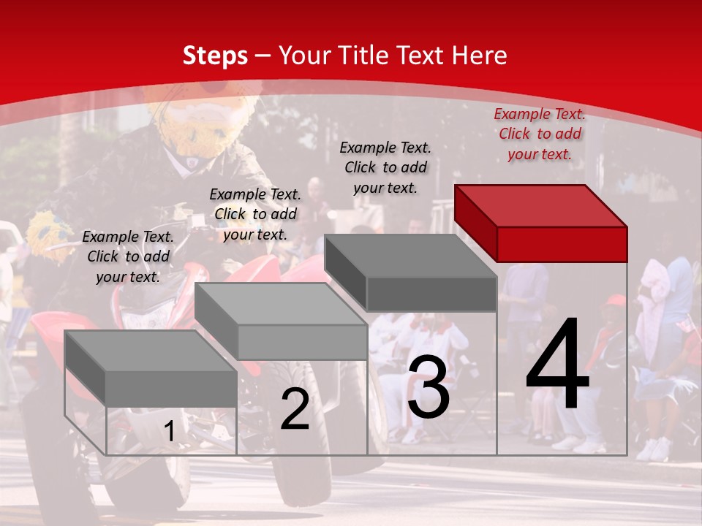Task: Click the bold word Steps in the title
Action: tap(215, 56)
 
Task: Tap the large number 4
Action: tap(557, 365)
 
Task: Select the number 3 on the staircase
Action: tap(429, 389)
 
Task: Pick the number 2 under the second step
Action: tap(295, 409)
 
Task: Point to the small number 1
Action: tap(169, 432)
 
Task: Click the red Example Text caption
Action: tap(540, 134)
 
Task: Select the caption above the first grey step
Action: tap(128, 256)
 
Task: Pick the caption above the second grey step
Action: tap(255, 214)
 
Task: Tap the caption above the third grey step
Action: tap(385, 167)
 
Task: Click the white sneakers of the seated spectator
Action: tap(578, 443)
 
